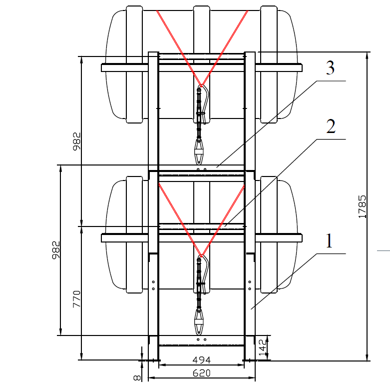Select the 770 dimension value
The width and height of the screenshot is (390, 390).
(x=76, y=298)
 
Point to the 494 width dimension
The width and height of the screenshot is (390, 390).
(x=201, y=360)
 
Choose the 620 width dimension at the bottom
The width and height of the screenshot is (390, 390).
(x=201, y=373)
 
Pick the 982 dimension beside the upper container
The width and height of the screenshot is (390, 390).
(x=76, y=141)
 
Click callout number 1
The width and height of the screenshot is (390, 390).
(x=329, y=241)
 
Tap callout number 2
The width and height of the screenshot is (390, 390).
(x=330, y=126)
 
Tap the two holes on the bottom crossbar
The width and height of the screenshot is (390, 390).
(x=201, y=339)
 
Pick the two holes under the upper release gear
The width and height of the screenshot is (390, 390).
(x=201, y=169)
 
